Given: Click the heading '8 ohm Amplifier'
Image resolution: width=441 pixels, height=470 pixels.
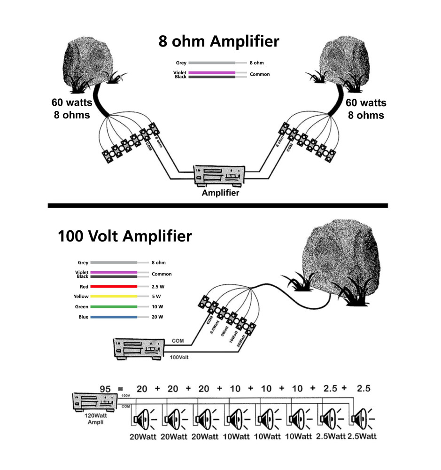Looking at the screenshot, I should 218,41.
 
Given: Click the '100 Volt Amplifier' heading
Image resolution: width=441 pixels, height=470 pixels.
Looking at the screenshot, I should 124,236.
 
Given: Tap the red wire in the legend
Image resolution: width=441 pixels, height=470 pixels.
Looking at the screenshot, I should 114,286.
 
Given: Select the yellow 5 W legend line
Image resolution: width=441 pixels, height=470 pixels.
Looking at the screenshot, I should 114,297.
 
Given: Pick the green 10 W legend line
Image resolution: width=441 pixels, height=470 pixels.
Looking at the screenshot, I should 114,307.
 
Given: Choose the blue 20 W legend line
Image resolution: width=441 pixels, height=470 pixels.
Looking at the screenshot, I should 114,317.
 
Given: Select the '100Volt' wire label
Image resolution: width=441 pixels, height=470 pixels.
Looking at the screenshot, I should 180,358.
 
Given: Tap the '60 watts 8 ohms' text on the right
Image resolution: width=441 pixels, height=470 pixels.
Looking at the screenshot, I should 366,109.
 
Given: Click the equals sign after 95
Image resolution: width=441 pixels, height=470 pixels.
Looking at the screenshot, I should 120,389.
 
